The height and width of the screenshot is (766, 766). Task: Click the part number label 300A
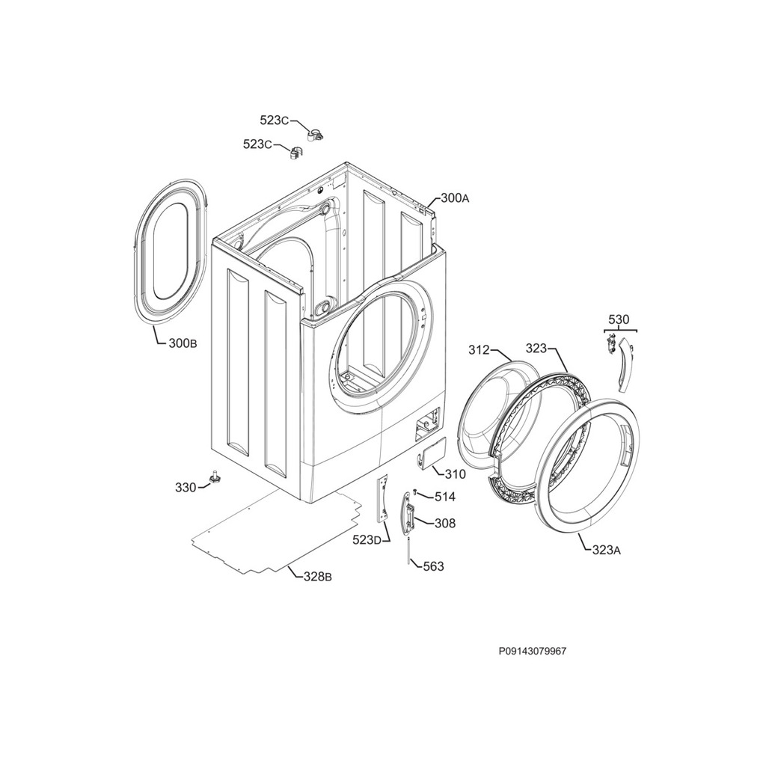pos(455,197)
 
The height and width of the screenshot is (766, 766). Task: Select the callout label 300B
pos(183,343)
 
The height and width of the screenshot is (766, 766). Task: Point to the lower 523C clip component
pos(295,152)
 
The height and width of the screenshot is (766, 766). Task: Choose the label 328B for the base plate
pos(318,577)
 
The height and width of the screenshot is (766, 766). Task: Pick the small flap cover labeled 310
pos(432,454)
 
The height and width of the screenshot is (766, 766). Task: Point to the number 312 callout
pos(479,350)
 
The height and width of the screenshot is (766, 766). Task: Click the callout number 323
pos(536,349)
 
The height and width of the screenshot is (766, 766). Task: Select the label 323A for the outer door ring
pos(606,550)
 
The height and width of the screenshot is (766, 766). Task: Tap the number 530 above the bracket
pos(619,320)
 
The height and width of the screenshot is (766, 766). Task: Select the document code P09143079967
pos(533,652)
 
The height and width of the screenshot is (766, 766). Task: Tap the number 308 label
pos(445,523)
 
